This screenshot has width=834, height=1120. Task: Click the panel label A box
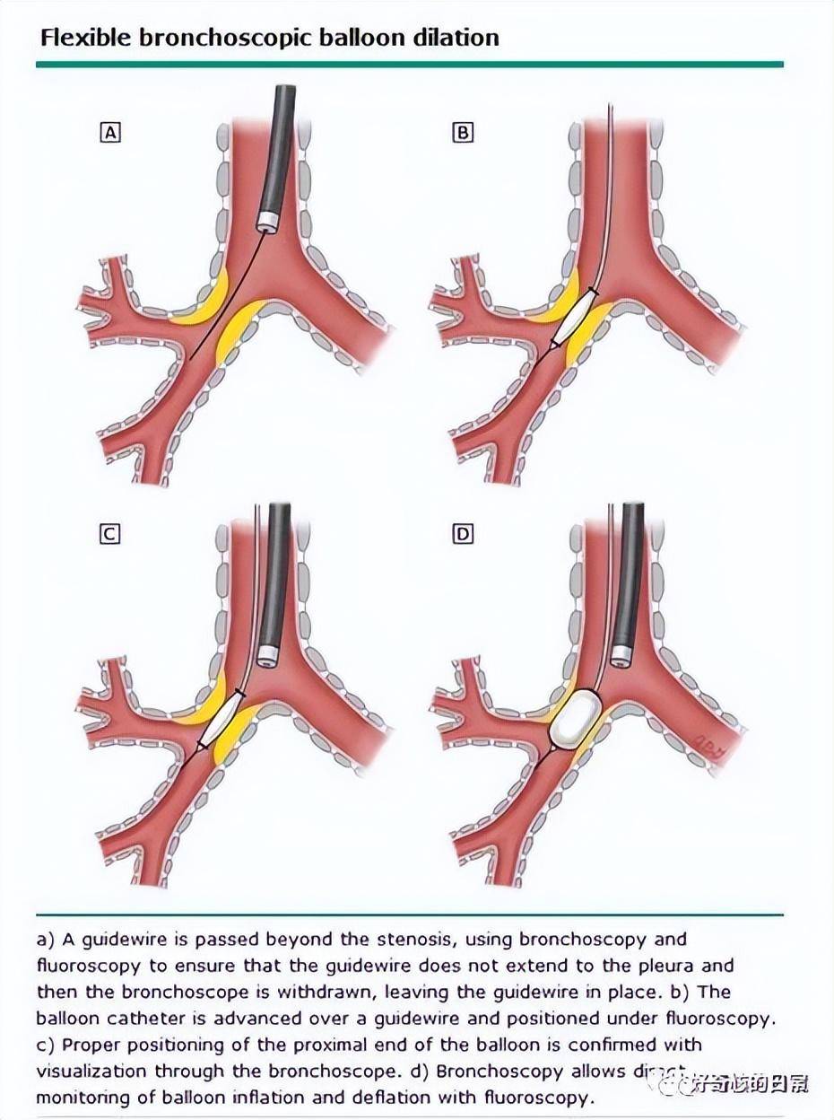point(110,134)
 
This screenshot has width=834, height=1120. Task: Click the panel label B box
point(463,134)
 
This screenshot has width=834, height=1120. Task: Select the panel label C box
point(109,534)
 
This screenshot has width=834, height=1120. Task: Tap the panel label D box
point(463,534)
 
